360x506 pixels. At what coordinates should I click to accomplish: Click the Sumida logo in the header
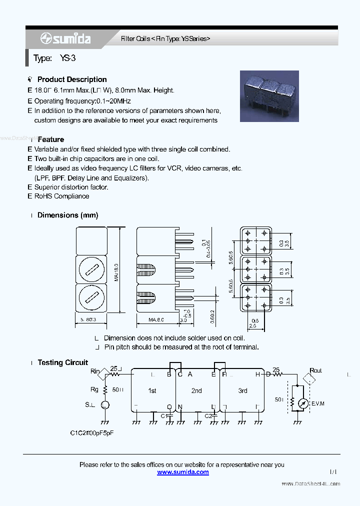coord(65,38)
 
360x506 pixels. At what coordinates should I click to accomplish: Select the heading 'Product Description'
coord(72,79)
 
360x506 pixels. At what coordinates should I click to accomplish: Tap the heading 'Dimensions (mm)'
coord(67,215)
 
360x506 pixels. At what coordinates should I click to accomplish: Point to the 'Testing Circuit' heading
coord(62,362)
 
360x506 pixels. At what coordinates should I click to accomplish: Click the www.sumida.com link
coord(183,472)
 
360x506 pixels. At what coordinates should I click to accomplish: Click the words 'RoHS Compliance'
coord(61,196)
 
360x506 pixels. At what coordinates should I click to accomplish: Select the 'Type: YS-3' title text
coord(54,58)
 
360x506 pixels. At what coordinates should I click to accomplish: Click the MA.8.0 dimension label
coord(156,319)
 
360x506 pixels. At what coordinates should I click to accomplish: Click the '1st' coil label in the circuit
coord(152,390)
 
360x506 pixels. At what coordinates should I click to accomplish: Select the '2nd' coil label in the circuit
coord(196,390)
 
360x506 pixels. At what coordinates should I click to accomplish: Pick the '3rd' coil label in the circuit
coord(242,390)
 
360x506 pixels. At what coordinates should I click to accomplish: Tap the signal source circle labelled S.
coord(105,405)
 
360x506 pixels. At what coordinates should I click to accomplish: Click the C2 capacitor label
coord(208,415)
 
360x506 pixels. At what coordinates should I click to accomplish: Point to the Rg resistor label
coord(94,389)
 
